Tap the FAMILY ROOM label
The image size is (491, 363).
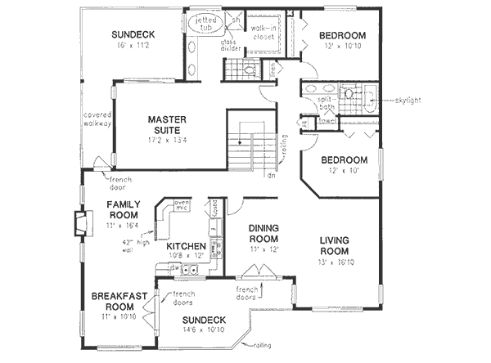click(x=124, y=210)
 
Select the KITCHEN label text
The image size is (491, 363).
click(x=186, y=246)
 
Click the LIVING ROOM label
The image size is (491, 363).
click(x=336, y=245)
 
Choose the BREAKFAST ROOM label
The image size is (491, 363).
click(x=113, y=302)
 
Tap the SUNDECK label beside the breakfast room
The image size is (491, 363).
click(x=204, y=319)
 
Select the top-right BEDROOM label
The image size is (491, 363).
click(x=342, y=35)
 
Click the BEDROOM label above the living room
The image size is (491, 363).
click(x=344, y=159)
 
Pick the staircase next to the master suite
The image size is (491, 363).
click(x=249, y=147)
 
